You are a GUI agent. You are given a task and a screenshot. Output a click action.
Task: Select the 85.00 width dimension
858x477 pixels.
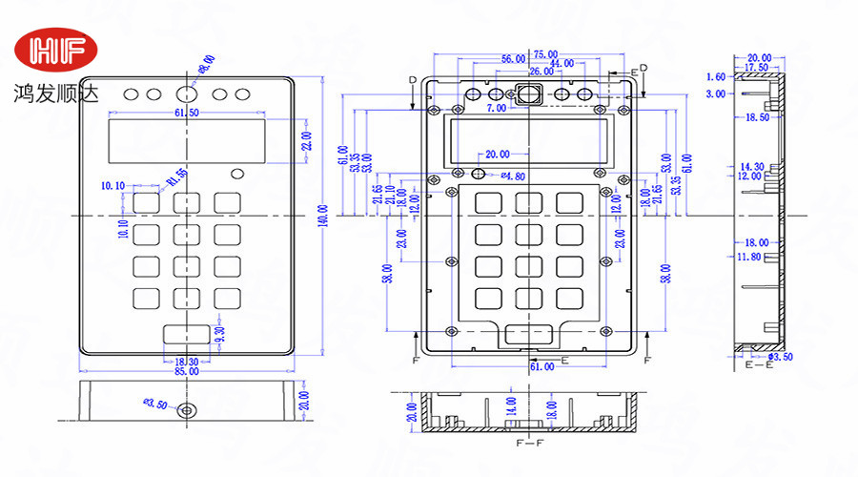coord(186,371)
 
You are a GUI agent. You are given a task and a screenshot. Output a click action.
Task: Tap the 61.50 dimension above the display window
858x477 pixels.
coord(186,113)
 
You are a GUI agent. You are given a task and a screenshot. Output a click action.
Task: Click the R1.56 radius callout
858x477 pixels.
coord(175,177)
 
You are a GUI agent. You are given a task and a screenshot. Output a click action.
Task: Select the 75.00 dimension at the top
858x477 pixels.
coord(545,53)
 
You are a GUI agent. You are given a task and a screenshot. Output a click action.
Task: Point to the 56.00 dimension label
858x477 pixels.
coord(513,60)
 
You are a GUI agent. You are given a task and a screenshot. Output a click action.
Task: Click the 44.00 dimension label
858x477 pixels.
coord(562,63)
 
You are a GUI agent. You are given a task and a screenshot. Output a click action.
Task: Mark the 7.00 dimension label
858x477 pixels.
coord(497,109)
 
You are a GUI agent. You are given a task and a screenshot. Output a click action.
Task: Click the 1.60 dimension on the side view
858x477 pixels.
coord(715,76)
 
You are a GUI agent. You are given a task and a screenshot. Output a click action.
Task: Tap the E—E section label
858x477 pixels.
coord(758,366)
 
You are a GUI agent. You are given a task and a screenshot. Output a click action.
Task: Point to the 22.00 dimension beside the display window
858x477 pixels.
coord(306,141)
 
